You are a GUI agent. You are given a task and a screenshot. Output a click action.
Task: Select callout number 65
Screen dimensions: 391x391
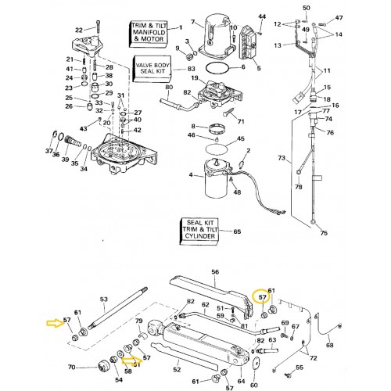tap(238, 232)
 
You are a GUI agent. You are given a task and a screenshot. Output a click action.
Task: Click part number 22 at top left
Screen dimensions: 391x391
tap(78, 30)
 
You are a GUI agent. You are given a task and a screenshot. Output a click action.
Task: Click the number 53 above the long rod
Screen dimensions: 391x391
tap(104, 300)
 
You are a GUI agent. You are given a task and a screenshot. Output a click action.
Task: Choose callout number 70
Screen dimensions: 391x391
tap(71, 367)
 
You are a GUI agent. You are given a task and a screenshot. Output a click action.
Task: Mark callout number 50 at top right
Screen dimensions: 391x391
tap(306, 8)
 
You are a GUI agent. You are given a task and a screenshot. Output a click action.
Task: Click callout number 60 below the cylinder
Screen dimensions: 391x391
tap(253, 384)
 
